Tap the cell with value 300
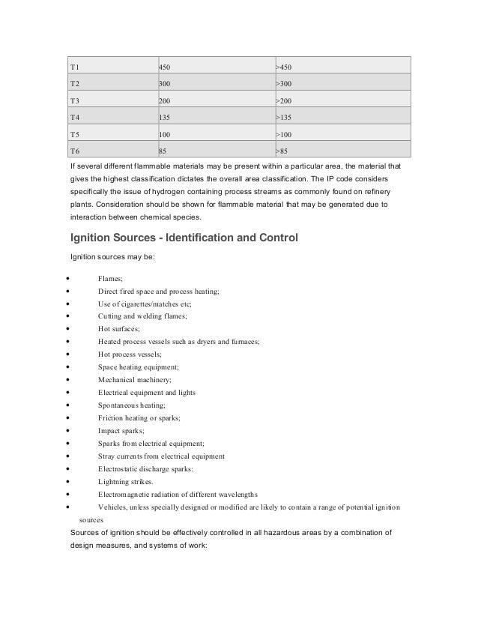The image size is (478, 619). (163, 85)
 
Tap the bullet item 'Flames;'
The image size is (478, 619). (111, 278)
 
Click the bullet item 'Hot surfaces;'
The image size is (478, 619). (119, 329)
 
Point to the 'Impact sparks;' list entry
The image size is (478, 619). (122, 431)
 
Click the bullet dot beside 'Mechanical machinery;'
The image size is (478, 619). (69, 380)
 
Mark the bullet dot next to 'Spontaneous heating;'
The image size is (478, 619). (69, 405)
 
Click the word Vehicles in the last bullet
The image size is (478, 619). (112, 507)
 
